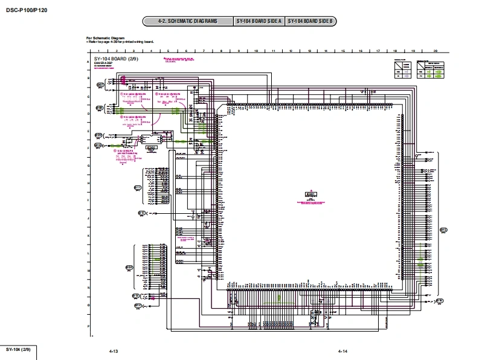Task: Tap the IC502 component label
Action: click(152, 147)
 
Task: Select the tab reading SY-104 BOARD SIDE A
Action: click(259, 22)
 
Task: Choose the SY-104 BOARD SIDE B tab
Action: click(310, 22)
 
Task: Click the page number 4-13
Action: click(114, 351)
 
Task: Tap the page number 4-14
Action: click(342, 351)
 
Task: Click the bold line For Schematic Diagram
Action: click(104, 37)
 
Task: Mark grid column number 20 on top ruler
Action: click(436, 51)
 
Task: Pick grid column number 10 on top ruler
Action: click(257, 51)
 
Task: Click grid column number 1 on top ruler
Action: click(99, 51)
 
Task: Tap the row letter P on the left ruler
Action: click(89, 326)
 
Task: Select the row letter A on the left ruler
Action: click(89, 62)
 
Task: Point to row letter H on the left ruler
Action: click(89, 183)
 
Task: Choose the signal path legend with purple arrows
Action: click(402, 71)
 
